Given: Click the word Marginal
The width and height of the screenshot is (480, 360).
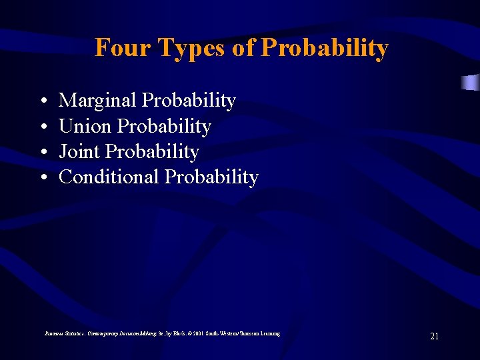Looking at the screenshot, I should tap(98, 101).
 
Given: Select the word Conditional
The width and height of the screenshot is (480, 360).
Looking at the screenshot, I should tap(109, 177).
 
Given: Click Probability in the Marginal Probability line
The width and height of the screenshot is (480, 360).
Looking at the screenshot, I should tap(189, 101).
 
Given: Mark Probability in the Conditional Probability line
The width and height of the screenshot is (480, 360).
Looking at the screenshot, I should tap(211, 177).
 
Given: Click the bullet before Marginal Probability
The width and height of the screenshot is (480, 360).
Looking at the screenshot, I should tap(42, 101).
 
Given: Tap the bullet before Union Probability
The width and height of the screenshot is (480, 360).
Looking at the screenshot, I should tap(42, 127).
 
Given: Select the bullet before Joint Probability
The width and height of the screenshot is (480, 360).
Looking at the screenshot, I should tap(42, 152).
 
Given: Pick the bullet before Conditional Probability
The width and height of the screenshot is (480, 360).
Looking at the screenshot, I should tap(42, 177).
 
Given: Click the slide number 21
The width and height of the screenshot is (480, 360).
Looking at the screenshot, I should tap(434, 336).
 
